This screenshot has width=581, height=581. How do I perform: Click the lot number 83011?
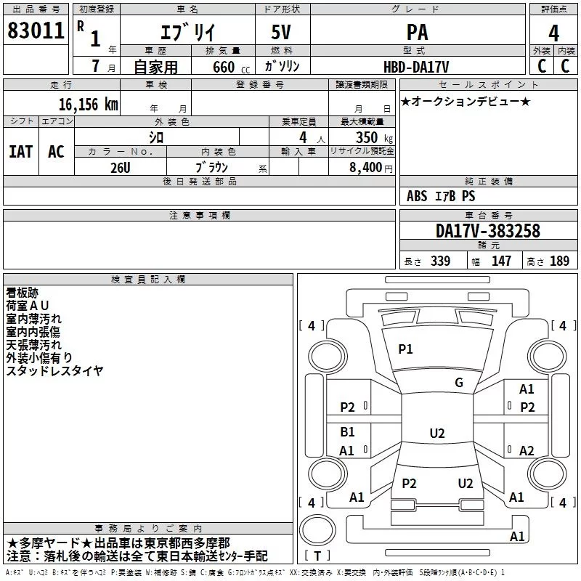36,31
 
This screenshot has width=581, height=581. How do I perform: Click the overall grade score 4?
553,33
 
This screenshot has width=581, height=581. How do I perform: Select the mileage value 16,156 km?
89,105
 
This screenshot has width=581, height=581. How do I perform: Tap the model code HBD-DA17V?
416,67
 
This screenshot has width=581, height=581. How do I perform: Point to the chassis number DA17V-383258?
488,231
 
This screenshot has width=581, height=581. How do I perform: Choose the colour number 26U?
121,168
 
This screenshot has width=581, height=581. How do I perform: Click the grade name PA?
417,32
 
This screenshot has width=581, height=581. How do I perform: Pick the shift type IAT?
21,152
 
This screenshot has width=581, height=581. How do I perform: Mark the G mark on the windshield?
459,383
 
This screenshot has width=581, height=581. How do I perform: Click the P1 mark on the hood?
405,349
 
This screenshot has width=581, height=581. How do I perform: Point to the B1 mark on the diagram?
347,432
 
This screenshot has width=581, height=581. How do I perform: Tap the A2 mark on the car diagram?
527,450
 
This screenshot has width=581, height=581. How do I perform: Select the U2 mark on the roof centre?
437,433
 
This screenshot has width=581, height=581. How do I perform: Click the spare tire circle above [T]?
317,529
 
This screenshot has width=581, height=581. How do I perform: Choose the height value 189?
559,261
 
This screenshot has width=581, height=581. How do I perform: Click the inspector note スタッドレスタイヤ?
54,370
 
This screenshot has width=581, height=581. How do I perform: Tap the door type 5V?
281,32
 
